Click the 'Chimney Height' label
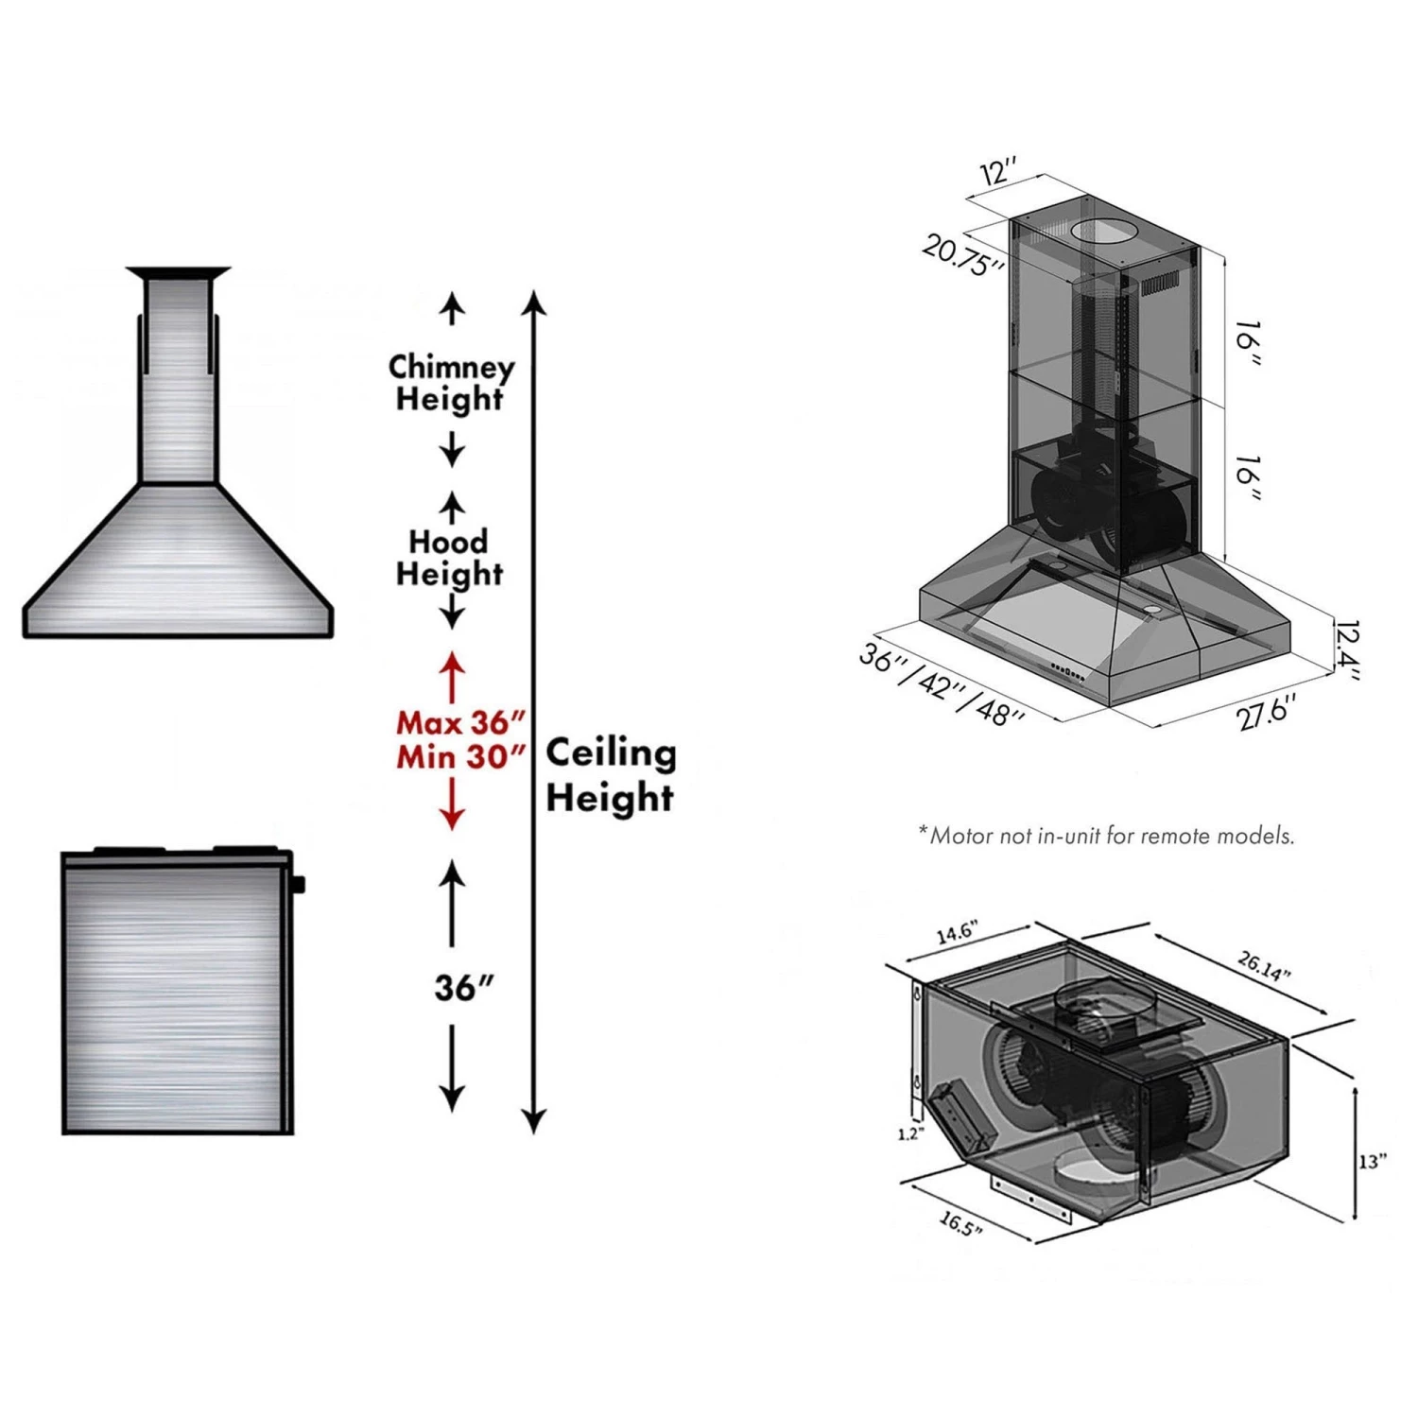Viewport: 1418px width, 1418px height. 451,383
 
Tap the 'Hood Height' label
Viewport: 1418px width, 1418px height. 449,558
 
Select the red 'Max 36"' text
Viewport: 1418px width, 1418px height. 460,723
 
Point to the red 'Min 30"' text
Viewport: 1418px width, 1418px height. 460,757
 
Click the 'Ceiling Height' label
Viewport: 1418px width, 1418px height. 611,775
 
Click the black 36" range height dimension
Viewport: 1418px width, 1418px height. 463,988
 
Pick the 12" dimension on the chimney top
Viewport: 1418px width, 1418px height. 998,173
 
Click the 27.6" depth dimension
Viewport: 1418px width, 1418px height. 1267,711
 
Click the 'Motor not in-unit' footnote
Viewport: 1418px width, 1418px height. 1106,836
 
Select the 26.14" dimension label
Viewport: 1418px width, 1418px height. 1265,966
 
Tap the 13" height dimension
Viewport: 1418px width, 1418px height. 1372,1161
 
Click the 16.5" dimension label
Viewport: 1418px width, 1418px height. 960,1224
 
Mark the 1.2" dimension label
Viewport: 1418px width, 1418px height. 909,1133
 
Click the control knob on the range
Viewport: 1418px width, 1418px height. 299,885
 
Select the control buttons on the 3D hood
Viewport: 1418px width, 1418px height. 1067,672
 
